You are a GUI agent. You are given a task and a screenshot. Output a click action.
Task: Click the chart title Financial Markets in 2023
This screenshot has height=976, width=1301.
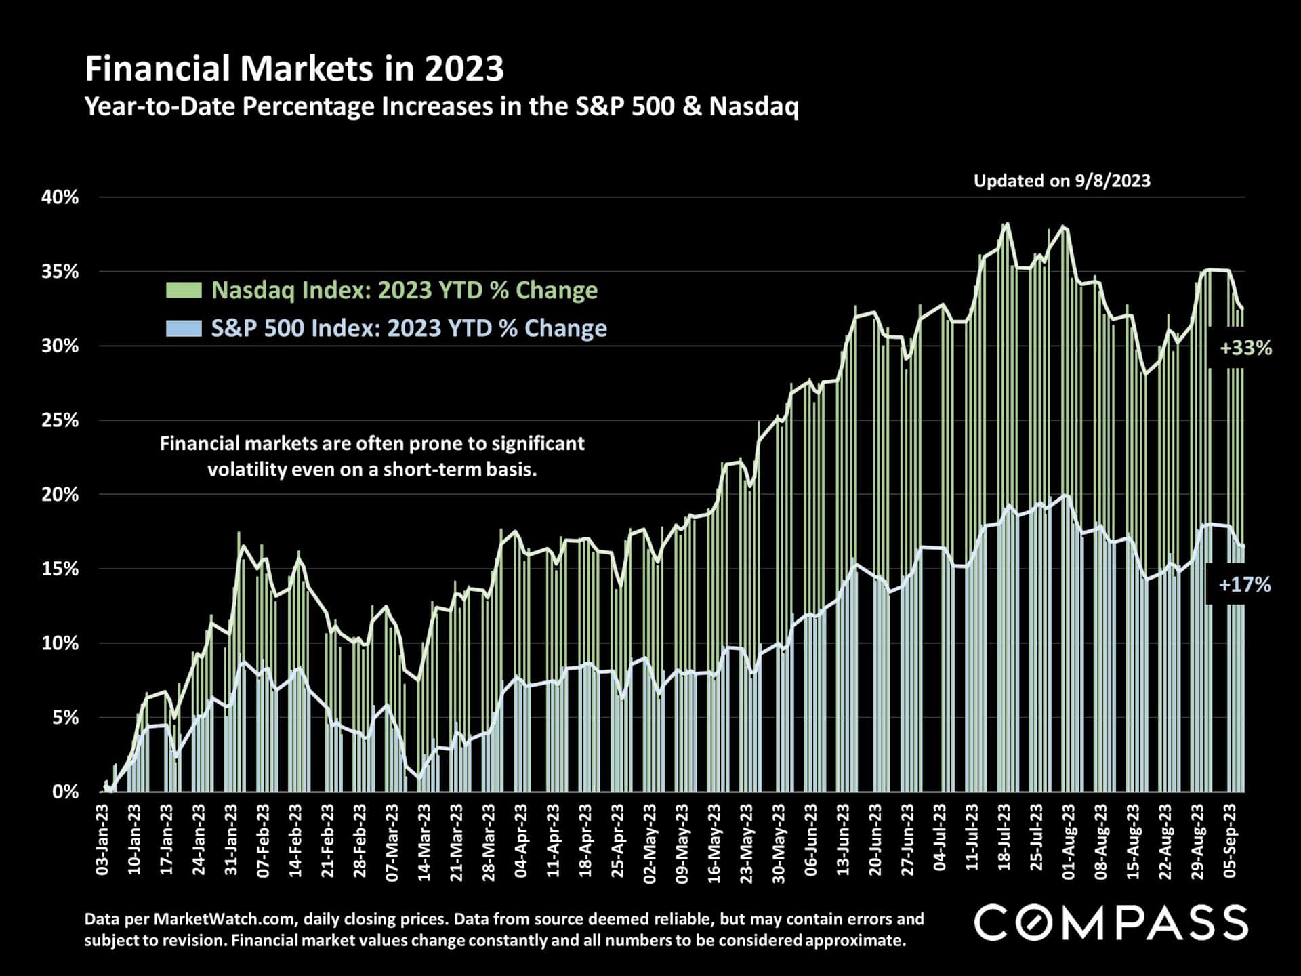(294, 69)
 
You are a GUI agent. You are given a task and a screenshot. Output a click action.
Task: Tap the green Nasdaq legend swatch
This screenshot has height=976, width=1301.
(184, 291)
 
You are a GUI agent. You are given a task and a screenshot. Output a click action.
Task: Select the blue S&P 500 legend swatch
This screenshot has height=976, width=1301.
(184, 329)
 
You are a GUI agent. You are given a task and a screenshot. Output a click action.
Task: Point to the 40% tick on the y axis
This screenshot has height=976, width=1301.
(60, 198)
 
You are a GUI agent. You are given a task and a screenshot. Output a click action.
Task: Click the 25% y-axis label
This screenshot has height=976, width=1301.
(60, 420)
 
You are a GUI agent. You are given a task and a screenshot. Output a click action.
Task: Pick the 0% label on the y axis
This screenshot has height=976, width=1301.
(65, 792)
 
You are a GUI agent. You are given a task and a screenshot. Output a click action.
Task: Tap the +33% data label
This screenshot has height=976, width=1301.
(1245, 348)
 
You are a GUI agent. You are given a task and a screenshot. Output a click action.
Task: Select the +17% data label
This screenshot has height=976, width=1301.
(1244, 585)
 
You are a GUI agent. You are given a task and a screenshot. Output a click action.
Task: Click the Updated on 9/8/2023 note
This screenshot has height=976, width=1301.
(1062, 181)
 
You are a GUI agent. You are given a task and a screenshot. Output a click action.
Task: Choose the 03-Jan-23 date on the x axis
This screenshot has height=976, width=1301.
(103, 840)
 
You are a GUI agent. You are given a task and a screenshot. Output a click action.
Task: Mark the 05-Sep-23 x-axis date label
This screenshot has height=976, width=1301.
(1231, 840)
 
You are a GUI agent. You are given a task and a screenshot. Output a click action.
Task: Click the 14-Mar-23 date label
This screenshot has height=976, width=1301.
(425, 841)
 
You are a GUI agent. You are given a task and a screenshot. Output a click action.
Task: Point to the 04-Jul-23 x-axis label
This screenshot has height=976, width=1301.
(941, 840)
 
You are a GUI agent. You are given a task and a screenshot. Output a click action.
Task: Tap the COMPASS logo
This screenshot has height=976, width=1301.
(1111, 923)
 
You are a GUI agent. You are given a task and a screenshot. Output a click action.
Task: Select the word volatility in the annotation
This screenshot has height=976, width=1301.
(247, 470)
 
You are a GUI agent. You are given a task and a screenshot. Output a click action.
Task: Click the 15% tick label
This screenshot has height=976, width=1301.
(60, 569)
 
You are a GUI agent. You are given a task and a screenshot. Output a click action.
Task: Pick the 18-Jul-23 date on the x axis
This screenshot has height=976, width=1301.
(1005, 840)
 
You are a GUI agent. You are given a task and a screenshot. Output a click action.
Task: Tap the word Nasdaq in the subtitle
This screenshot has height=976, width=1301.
(753, 107)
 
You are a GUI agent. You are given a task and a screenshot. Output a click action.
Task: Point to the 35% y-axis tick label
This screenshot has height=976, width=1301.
(60, 272)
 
